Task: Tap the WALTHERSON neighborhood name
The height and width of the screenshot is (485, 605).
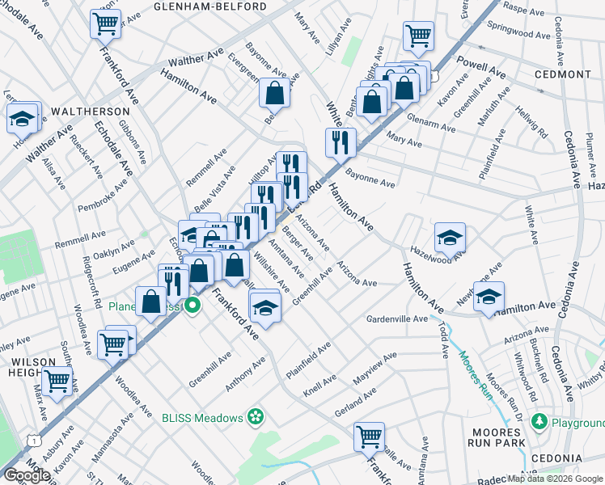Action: pyautogui.click(x=91, y=111)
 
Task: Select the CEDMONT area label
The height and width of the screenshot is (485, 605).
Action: pyautogui.click(x=563, y=74)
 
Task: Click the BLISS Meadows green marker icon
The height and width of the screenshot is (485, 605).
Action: pyautogui.click(x=256, y=417)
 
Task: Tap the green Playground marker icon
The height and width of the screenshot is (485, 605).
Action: pyautogui.click(x=544, y=423)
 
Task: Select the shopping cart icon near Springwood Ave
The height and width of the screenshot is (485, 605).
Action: pyautogui.click(x=418, y=35)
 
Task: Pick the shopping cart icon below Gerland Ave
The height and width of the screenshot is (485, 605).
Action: pyautogui.click(x=369, y=436)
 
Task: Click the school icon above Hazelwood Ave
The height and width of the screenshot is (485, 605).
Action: pyautogui.click(x=450, y=237)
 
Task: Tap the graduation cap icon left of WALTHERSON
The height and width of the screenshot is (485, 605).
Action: pyautogui.click(x=23, y=118)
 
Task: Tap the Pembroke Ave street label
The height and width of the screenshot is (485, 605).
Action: pyautogui.click(x=103, y=196)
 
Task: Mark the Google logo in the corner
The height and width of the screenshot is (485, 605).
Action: pyautogui.click(x=27, y=475)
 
